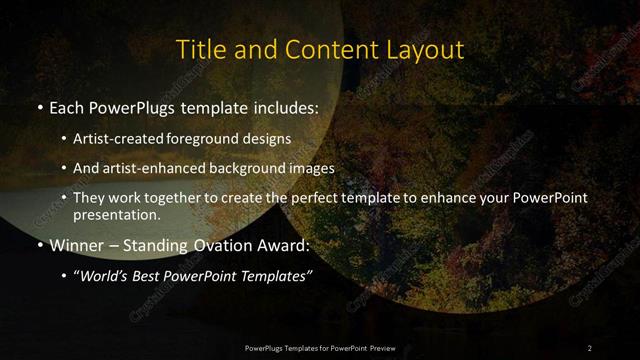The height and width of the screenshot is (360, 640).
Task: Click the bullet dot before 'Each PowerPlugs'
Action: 39,106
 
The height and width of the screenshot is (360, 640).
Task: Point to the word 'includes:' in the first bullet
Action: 286,106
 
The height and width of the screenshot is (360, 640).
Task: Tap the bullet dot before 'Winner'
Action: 39,246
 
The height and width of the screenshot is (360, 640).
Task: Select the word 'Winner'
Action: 77,246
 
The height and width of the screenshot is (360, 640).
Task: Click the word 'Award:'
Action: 285,246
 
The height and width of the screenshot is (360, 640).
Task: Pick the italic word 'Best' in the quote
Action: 161,277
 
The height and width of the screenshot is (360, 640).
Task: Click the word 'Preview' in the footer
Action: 388,347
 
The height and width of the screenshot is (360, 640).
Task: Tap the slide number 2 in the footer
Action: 590,347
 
